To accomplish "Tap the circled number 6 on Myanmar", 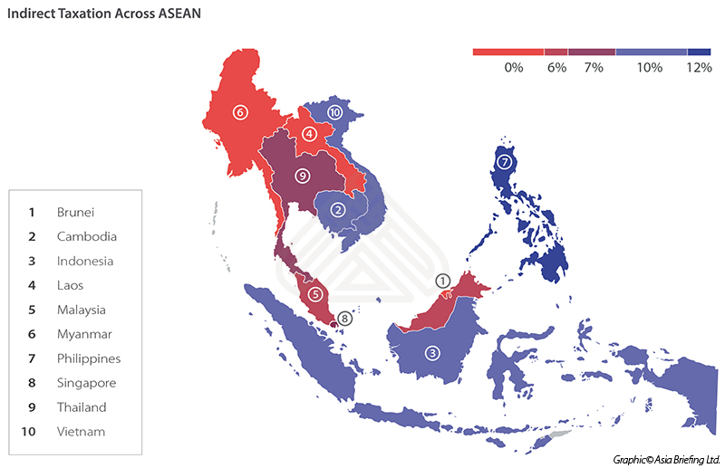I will [x=239, y=112].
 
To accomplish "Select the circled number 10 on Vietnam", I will [x=334, y=112].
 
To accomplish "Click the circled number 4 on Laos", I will [x=309, y=134].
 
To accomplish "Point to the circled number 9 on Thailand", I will [x=302, y=176].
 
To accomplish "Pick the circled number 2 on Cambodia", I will [x=338, y=210].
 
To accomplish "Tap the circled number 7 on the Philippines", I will [x=505, y=163].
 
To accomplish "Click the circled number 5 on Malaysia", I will [x=315, y=293].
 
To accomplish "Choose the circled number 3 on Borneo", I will [x=432, y=353].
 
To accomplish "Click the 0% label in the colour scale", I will [x=514, y=68].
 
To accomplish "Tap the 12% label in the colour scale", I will [x=699, y=68].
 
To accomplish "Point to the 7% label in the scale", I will [x=594, y=68].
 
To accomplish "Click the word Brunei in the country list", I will [x=75, y=212].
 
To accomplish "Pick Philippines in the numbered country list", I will [x=88, y=358].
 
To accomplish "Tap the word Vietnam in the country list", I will [x=81, y=432].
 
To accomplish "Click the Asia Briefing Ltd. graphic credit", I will [x=665, y=459].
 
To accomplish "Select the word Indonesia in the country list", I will [x=84, y=261].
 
